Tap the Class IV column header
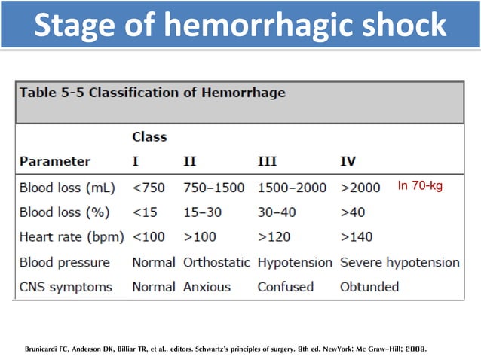[348, 161]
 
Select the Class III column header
[268, 161]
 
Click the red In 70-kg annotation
[421, 186]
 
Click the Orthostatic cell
[217, 263]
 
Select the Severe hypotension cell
[400, 263]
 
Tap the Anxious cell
[207, 287]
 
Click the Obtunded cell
[369, 287]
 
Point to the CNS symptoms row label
[66, 287]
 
